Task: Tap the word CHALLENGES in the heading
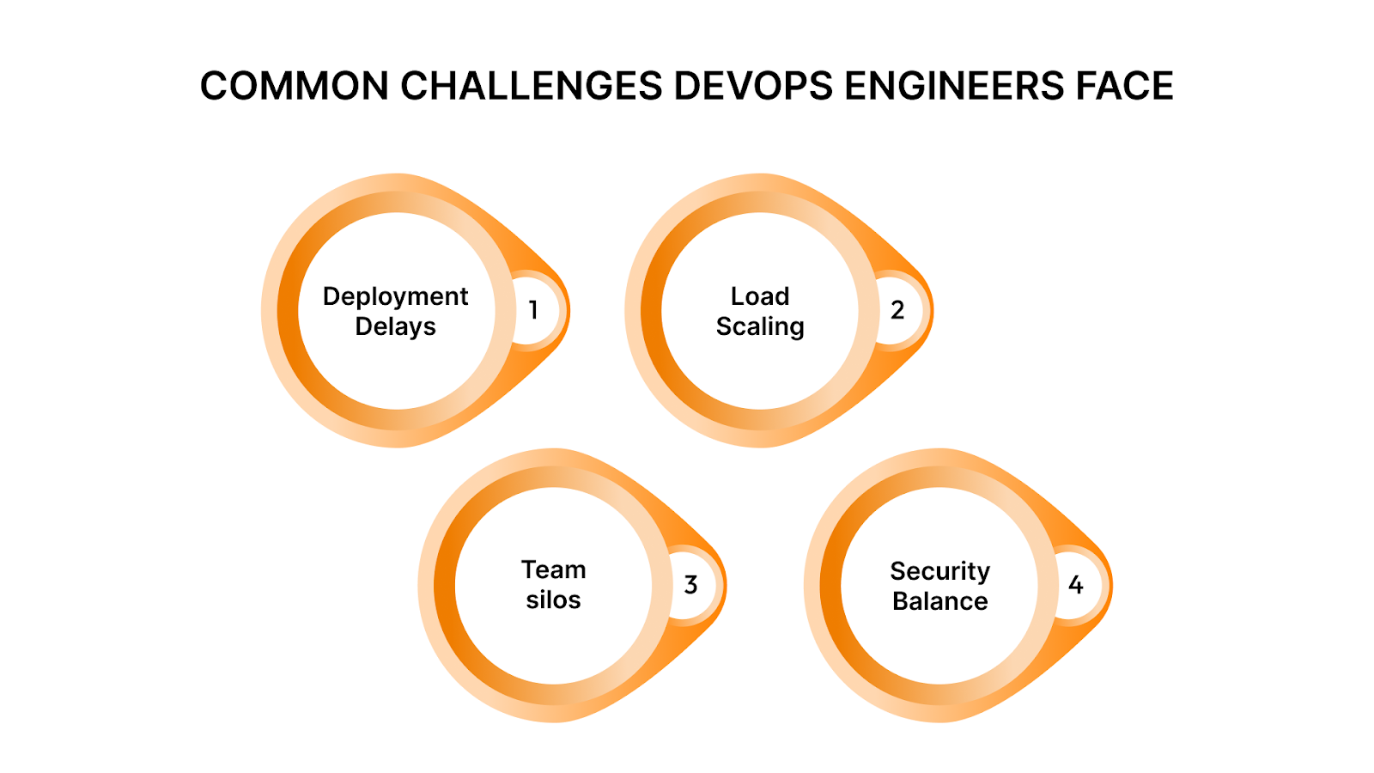pos(532,87)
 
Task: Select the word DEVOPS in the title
pos(753,87)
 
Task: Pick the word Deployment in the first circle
pos(395,297)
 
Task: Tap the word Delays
pos(395,326)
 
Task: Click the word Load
pos(760,296)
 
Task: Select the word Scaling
pos(760,327)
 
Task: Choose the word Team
pos(554,569)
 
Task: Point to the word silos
pos(554,600)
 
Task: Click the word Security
pos(940,571)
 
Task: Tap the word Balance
pos(940,601)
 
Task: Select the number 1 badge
pos(533,310)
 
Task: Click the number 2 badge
pos(897,310)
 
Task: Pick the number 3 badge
pos(690,585)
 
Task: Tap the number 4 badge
pos(1076,585)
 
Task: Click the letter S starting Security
pos(899,571)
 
